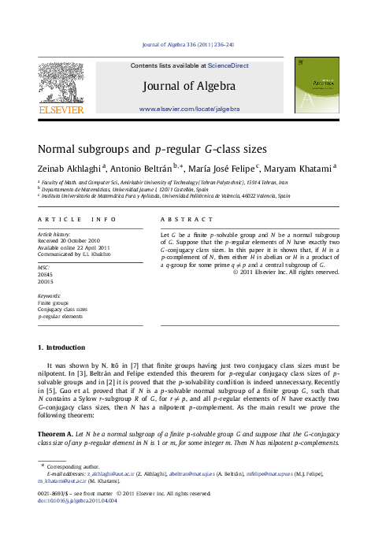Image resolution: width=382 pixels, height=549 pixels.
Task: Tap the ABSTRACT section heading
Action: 187,219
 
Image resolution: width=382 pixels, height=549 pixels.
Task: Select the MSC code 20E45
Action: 46,273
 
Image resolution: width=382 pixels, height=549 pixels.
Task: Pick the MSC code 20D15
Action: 46,280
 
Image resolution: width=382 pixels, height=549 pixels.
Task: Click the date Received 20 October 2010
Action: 69,241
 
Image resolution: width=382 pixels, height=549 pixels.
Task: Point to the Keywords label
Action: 49,295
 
